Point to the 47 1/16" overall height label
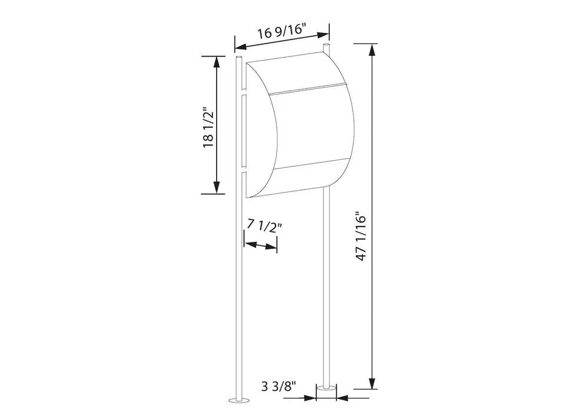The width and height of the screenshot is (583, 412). click(x=362, y=235)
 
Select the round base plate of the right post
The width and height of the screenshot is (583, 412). click(x=326, y=389)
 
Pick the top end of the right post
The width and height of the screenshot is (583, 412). click(x=326, y=45)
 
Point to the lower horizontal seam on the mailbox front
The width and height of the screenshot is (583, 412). click(x=309, y=165)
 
